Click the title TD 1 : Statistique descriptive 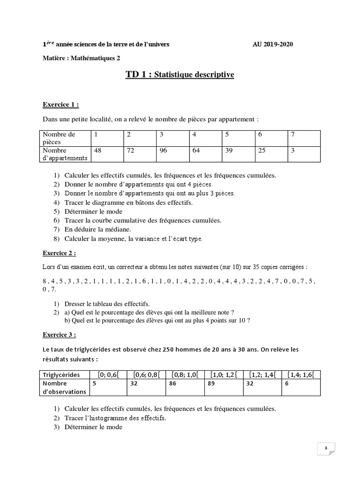180,75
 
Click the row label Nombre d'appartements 62,154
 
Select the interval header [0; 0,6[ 108,375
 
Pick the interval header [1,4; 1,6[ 300,375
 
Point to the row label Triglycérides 61,375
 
